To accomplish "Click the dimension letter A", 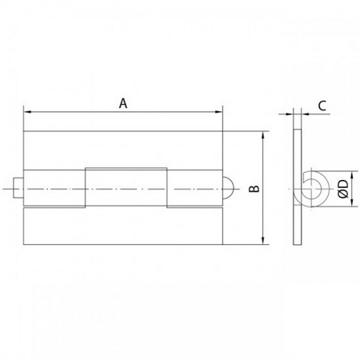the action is pos(123,103).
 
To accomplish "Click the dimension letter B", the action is pos(254,189).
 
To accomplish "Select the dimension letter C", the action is pos(322,106).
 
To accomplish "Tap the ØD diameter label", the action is pos(343,189).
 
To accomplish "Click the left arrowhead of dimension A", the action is pos(27,112).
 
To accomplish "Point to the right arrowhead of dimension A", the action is pos(218,112).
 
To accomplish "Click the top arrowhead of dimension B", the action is pos(263,135).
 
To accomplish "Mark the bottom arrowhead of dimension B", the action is pos(263,241).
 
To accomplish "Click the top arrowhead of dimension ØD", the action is pos(352,174).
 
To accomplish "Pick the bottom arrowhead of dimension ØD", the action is pos(352,202).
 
